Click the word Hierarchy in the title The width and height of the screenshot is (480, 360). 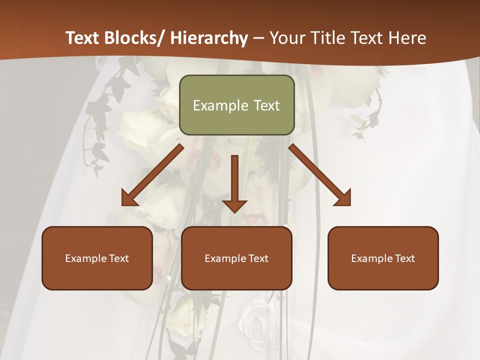click(209, 38)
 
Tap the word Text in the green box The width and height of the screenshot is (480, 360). click(265, 105)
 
